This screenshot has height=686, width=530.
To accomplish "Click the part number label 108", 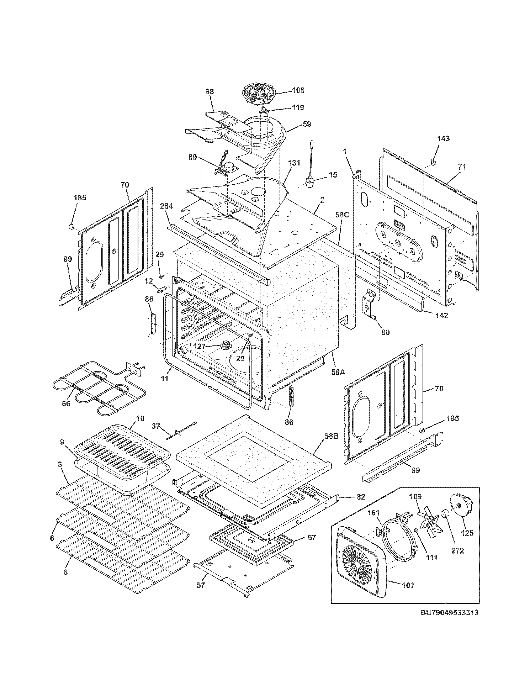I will pos(298,90).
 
